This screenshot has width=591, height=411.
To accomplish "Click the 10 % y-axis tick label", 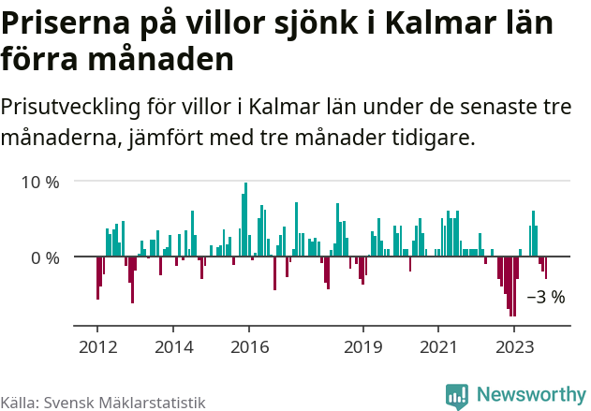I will (x=39, y=182).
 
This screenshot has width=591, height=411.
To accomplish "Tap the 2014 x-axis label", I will (x=172, y=346).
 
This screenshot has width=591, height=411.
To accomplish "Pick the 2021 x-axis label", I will (x=438, y=346).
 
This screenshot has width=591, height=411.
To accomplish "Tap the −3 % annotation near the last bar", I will (x=545, y=298).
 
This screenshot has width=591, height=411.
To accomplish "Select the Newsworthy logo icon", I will (x=457, y=396).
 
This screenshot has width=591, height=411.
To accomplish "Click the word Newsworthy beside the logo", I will (x=530, y=395).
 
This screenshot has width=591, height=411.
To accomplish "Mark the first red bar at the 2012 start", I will (x=97, y=277).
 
